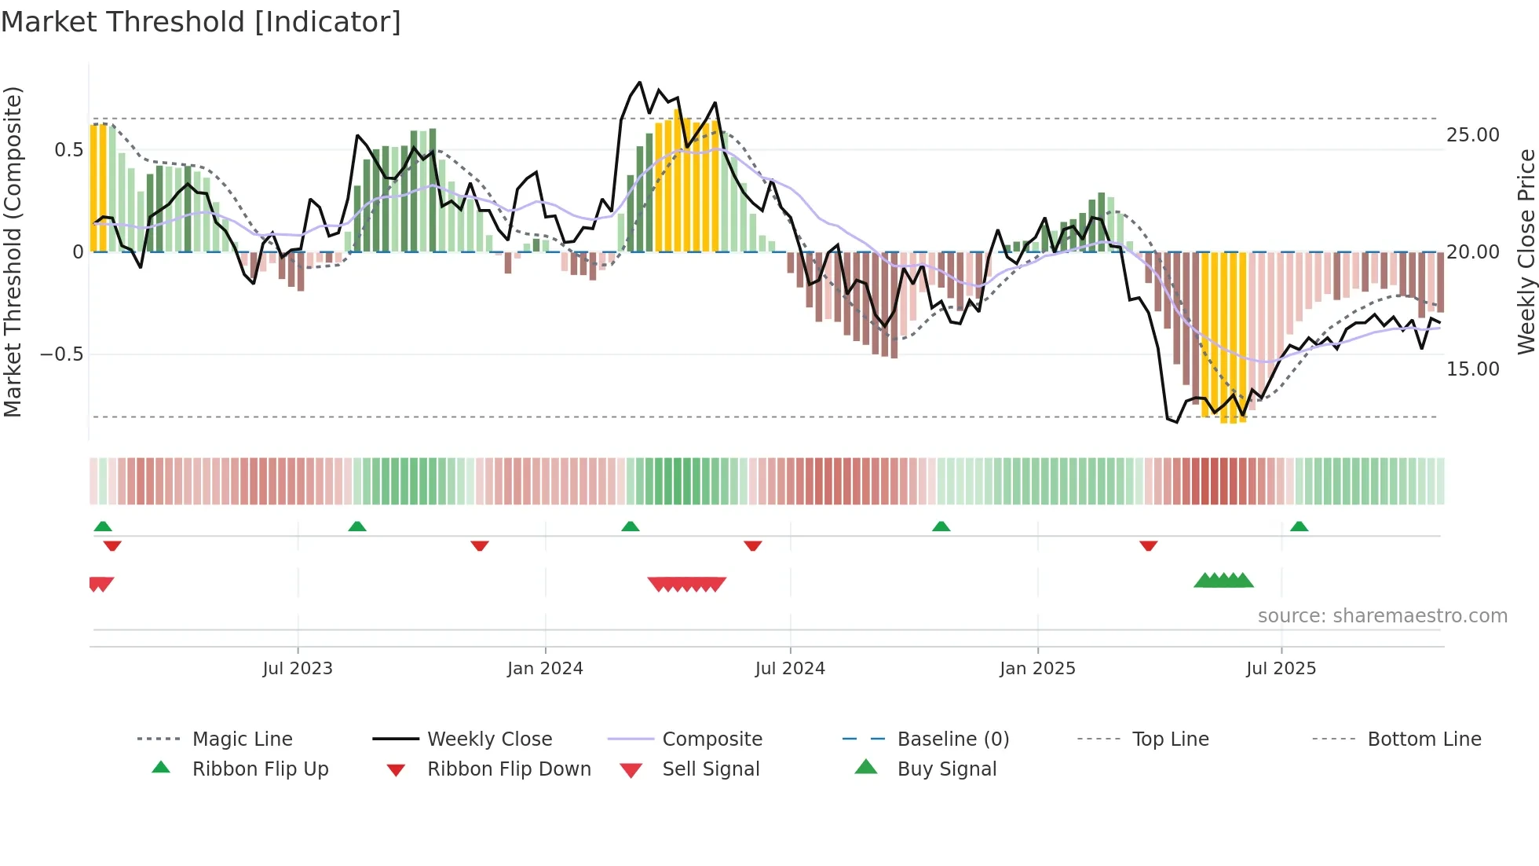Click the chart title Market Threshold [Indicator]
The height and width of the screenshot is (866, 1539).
point(201,22)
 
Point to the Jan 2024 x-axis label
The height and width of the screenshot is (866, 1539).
point(545,669)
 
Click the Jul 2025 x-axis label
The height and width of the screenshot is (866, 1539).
point(1281,669)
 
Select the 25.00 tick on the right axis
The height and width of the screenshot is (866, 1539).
point(1472,135)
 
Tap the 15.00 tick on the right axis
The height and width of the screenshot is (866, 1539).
point(1472,369)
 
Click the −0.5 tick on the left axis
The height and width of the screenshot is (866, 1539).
point(61,354)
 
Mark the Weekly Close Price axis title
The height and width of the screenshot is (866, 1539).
point(1526,251)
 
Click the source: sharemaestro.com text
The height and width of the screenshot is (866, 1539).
point(1382,616)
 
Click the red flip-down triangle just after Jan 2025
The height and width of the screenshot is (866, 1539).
point(1148,545)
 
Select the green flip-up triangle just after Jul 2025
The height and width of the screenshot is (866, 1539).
point(1299,527)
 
